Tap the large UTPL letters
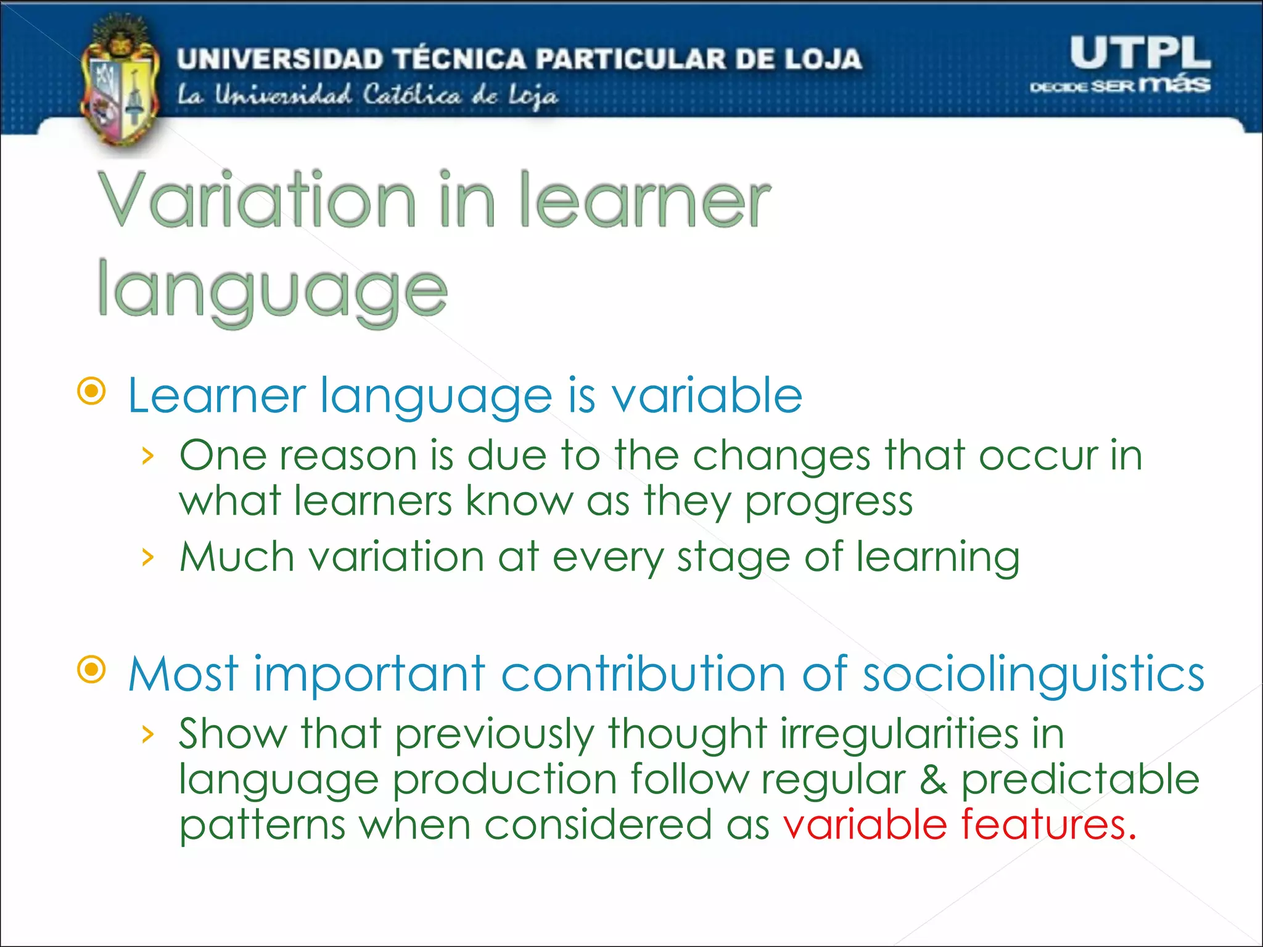point(1140,53)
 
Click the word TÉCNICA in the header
point(459,59)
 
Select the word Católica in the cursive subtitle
point(411,96)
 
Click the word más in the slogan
point(1174,83)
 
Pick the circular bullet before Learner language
point(92,392)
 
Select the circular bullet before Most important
point(92,670)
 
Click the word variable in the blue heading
point(707,395)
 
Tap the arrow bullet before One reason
point(147,457)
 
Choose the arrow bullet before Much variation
point(147,557)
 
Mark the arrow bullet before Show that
point(147,734)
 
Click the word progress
point(828,502)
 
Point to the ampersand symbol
point(934,779)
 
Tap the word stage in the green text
point(733,557)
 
